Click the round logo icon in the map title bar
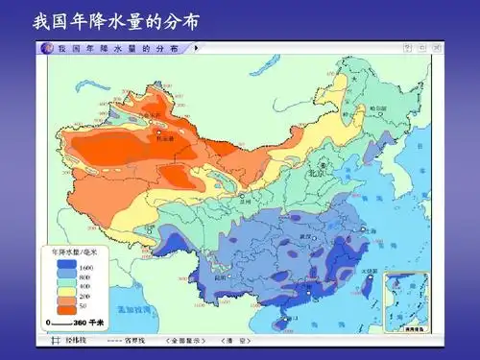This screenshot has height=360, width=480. (48, 47)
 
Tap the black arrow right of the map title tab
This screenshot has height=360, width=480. (197, 47)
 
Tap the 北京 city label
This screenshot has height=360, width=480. (313, 175)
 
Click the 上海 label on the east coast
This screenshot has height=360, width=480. (370, 231)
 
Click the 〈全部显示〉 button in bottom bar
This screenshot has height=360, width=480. (186, 340)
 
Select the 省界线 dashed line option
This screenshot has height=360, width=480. (131, 340)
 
